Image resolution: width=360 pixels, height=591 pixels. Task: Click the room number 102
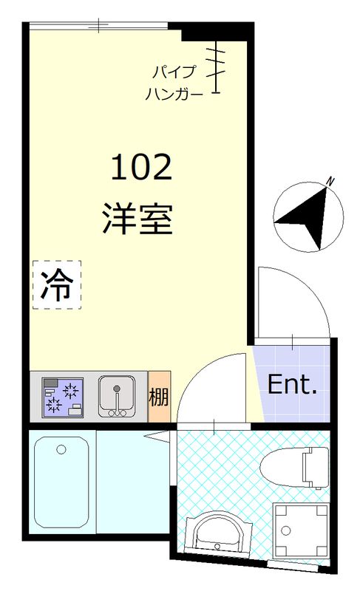click(x=141, y=168)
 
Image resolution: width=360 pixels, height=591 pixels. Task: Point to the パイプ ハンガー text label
click(x=174, y=83)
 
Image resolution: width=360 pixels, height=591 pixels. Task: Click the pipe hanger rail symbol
click(x=217, y=66)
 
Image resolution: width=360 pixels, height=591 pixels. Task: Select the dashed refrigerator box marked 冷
click(x=56, y=285)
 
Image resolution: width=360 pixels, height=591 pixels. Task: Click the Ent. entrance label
click(x=291, y=384)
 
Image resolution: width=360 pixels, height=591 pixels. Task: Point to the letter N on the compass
click(x=332, y=180)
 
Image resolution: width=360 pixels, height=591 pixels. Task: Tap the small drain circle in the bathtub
click(x=61, y=448)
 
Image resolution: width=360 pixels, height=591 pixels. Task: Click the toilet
click(x=296, y=465)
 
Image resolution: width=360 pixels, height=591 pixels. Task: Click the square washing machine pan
click(x=301, y=529)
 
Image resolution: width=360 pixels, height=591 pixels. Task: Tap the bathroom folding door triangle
click(x=161, y=437)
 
